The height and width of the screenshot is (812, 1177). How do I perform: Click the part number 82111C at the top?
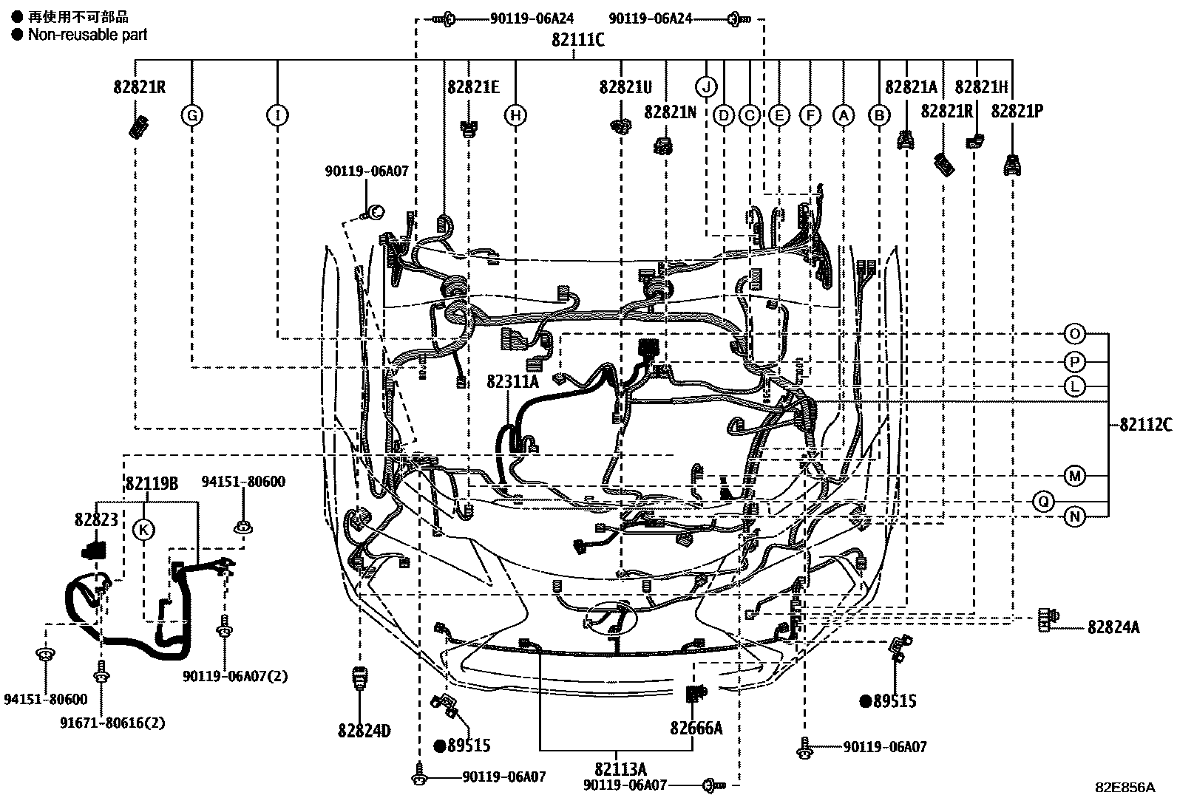[x=577, y=41]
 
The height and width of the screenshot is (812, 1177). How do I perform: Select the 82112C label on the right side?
[x=1144, y=425]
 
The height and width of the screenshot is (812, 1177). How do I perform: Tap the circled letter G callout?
[x=191, y=115]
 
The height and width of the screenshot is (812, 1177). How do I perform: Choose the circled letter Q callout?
[x=1043, y=502]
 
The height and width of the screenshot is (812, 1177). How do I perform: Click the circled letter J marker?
[x=706, y=87]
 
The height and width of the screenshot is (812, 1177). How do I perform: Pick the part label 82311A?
[x=513, y=381]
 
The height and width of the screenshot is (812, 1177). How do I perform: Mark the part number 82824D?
[x=364, y=731]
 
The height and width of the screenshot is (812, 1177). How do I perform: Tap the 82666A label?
[x=696, y=728]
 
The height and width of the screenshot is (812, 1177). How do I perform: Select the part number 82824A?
[x=1113, y=627]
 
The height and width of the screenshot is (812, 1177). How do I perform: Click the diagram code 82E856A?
[x=1125, y=787]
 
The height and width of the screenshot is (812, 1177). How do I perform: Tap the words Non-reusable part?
[x=87, y=34]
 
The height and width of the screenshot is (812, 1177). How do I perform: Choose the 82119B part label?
[x=152, y=484]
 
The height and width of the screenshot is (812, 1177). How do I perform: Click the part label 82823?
[x=96, y=519]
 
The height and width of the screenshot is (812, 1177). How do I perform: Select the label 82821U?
[x=625, y=88]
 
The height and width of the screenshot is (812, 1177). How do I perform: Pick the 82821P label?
[x=1017, y=111]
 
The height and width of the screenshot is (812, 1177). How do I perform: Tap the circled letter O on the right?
[x=1074, y=334]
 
